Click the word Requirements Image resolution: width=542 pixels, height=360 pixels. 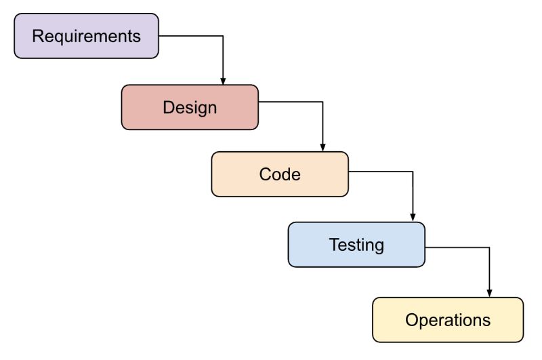coord(86,36)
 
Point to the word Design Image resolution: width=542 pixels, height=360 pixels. coord(190,107)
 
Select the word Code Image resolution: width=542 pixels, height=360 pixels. coord(280,174)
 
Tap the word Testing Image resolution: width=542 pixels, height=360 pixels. coord(356,245)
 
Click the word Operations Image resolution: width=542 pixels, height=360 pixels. coord(448,320)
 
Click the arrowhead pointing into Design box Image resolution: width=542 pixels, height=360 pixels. coord(223,81)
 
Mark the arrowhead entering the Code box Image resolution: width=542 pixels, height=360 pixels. coord(322,148)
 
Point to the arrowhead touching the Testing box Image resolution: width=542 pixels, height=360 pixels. coord(413,218)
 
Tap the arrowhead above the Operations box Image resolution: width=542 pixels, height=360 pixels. coord(489,293)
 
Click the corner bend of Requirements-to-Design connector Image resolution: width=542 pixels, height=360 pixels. coord(223,36)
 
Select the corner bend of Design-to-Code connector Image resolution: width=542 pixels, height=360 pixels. coord(322,102)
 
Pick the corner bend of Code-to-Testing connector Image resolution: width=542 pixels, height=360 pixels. coord(413,172)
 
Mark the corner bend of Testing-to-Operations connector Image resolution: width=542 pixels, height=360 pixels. coord(489,247)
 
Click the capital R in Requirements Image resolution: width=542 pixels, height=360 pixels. coord(37,36)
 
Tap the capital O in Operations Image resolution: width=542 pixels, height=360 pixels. coord(411,320)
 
